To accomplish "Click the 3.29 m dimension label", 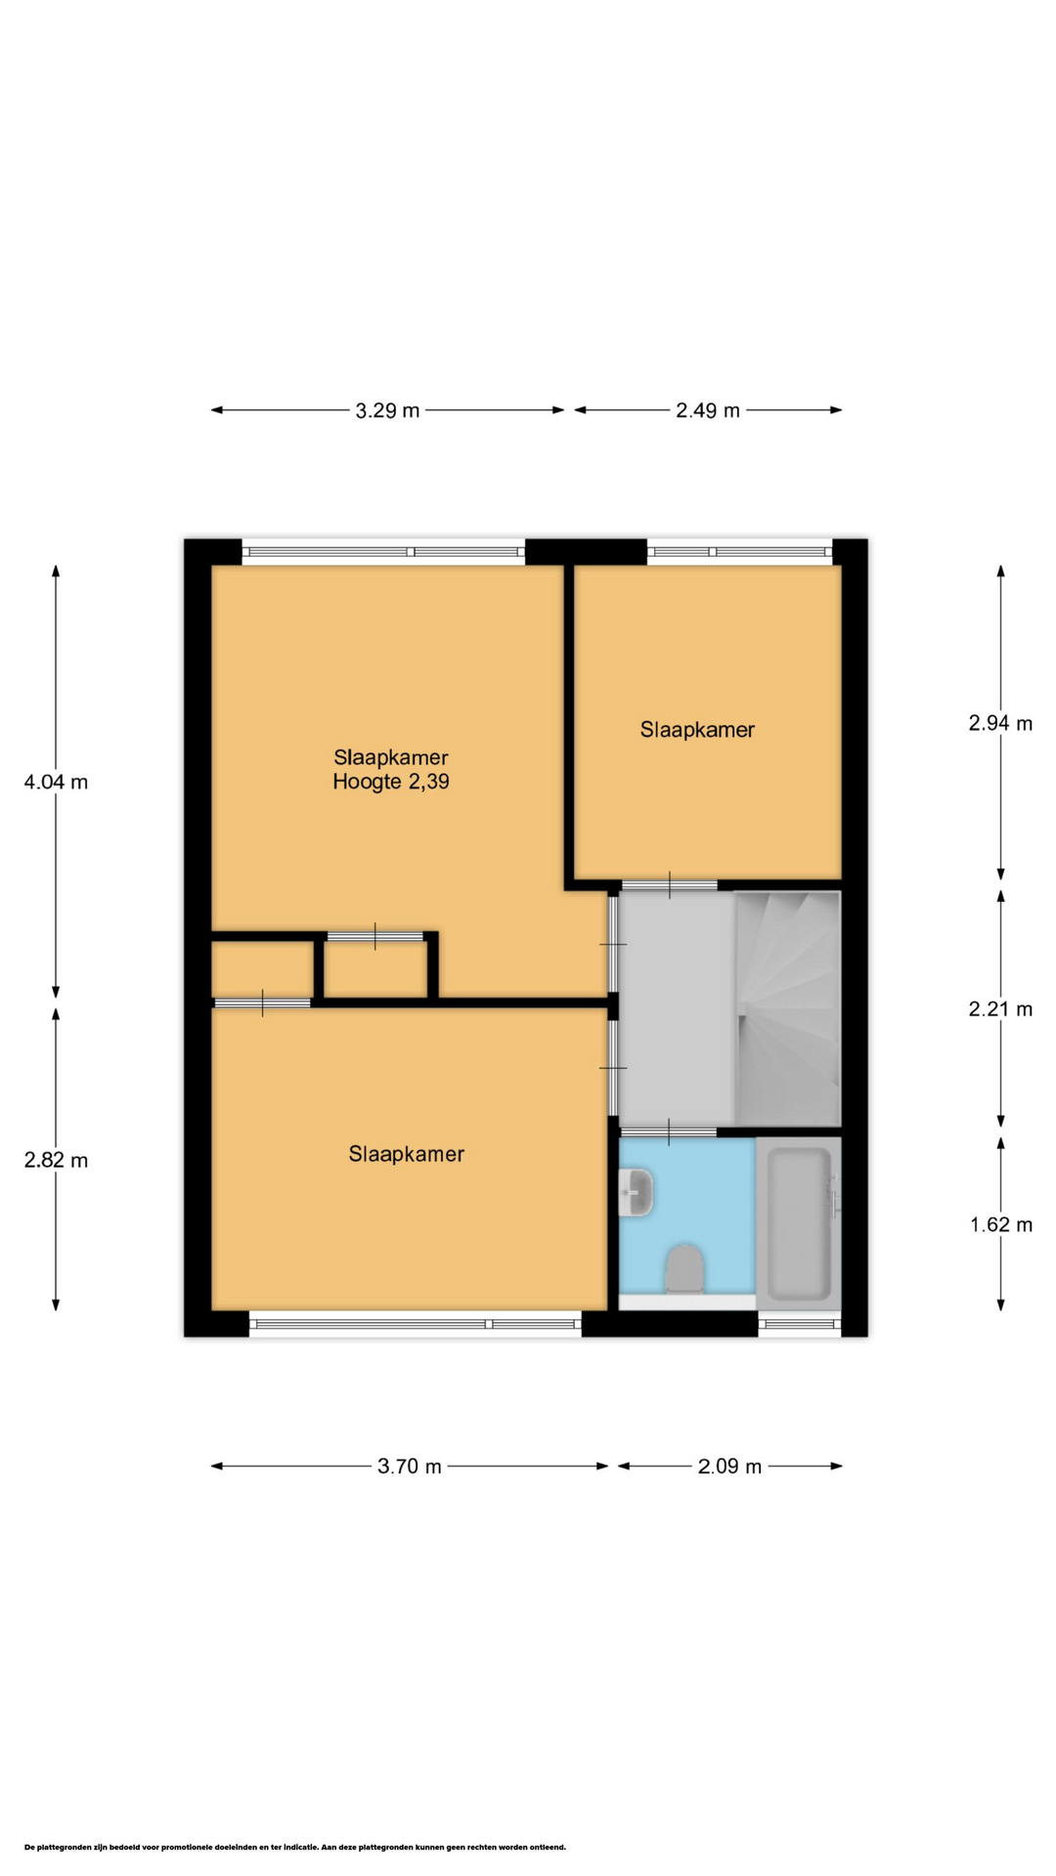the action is [x=387, y=410].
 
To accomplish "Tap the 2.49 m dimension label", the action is [x=708, y=410].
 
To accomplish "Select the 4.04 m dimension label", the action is [x=56, y=782].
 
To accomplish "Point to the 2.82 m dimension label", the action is [x=56, y=1160].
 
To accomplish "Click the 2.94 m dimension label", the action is [x=1000, y=723].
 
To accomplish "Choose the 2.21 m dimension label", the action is [x=1000, y=1009].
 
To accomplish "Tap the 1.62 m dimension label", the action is [x=1001, y=1224].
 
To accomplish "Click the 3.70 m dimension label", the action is [x=410, y=1466].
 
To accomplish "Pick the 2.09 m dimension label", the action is [x=729, y=1466].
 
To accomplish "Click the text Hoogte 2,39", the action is [x=391, y=782].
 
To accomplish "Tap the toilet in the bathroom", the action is [x=684, y=1268].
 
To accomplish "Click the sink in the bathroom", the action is [x=636, y=1192].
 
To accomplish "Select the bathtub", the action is [x=799, y=1223].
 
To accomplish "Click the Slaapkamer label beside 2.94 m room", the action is [x=697, y=729].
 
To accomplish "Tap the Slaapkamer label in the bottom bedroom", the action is [x=406, y=1154].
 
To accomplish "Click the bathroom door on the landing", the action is [x=669, y=1131].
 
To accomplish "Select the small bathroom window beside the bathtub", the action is [x=800, y=1324].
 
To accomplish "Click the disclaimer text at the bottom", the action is [x=295, y=1847].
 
